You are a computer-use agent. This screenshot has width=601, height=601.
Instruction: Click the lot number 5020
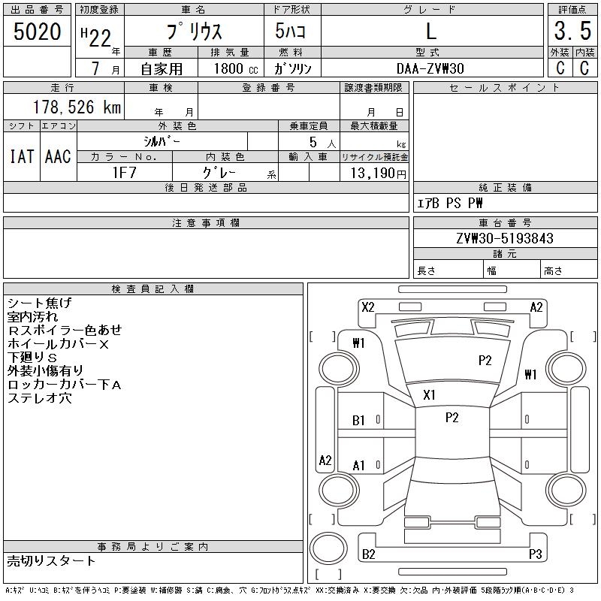[x=37, y=32]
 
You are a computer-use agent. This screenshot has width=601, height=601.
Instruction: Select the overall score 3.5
[x=572, y=31]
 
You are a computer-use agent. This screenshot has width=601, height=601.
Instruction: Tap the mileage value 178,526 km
[x=77, y=107]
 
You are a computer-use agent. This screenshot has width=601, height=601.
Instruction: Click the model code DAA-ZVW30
[x=430, y=68]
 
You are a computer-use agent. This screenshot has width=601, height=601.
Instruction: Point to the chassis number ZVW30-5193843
[x=505, y=238]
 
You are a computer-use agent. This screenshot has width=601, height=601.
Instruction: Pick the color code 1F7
[x=124, y=173]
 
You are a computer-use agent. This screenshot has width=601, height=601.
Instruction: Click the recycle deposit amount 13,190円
[x=378, y=174]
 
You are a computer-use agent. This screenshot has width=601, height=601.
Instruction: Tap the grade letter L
[x=431, y=31]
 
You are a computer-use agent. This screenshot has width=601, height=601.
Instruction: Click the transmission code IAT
[x=22, y=156]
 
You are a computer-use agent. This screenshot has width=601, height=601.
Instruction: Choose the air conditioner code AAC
[x=58, y=156]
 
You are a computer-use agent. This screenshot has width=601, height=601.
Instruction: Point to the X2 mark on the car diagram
[x=367, y=307]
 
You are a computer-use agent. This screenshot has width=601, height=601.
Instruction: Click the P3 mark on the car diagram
[x=535, y=554]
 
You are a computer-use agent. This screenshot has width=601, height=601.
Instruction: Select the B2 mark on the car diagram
[x=368, y=554]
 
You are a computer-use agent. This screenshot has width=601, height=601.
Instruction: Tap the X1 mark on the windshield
[x=429, y=395]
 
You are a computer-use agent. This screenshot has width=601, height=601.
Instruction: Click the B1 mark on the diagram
[x=358, y=421]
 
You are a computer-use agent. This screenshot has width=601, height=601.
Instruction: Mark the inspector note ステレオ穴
[x=40, y=398]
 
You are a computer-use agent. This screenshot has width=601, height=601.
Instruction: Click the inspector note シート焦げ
[x=40, y=303]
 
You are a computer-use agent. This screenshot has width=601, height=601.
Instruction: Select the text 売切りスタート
[x=51, y=560]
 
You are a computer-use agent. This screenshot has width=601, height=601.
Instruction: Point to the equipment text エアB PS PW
[x=449, y=203]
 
